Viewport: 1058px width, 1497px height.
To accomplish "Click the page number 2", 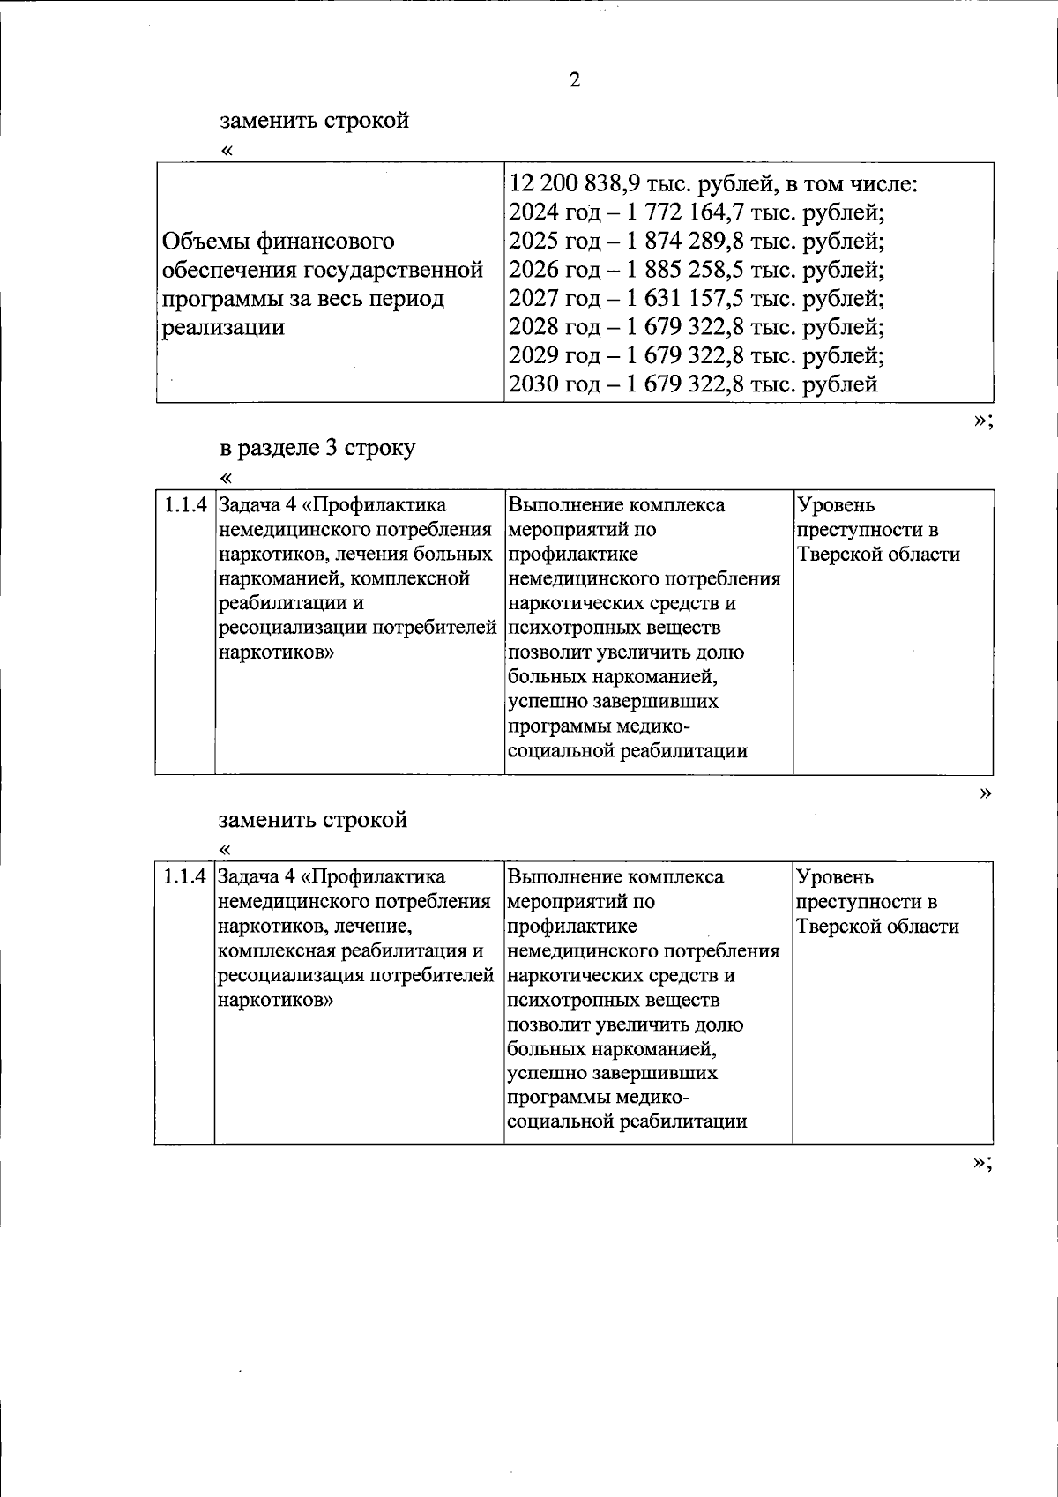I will tap(575, 80).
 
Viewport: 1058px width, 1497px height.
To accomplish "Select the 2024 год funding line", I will tap(697, 212).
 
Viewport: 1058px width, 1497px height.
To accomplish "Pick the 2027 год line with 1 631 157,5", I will tap(697, 298).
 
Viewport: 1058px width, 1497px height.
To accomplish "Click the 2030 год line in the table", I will tap(693, 384).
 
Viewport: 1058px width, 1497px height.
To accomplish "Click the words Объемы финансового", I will tap(279, 241).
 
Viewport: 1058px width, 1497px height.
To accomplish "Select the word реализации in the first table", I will tap(224, 327).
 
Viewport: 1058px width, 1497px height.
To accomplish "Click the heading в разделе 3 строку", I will tap(317, 447).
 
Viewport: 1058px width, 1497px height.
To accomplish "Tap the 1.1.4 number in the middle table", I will tap(185, 505).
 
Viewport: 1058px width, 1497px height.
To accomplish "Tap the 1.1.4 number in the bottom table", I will tap(185, 877).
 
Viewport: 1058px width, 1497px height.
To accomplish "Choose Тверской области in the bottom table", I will tap(877, 927).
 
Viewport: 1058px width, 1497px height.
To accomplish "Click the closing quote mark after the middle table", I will tap(985, 793).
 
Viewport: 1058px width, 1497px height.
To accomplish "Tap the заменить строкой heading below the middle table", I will tap(313, 819).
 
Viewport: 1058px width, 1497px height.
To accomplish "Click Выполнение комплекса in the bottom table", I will tap(615, 877).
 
